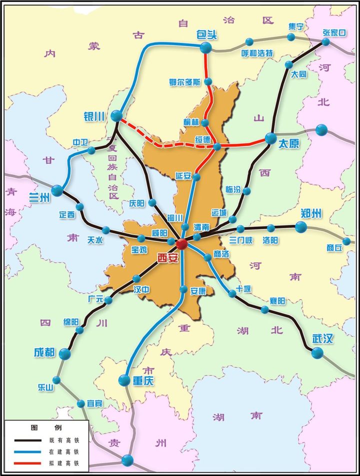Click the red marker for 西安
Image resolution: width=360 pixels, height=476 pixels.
click(181, 244)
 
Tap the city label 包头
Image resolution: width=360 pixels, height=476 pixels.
click(205, 35)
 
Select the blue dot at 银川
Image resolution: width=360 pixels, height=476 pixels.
click(116, 116)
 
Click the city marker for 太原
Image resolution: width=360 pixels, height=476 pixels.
click(271, 138)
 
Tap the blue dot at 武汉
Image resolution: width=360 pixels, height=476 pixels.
click(317, 353)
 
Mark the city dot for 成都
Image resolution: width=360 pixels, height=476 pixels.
click(64, 354)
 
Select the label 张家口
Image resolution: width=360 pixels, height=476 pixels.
click(334, 32)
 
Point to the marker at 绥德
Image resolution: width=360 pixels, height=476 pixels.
click(217, 147)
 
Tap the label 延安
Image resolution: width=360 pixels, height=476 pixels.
click(184, 176)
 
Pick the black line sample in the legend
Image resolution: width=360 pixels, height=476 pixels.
click(27, 441)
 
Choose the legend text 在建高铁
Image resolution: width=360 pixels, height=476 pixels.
click(64, 453)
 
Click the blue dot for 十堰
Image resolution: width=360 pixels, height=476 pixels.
click(232, 294)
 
